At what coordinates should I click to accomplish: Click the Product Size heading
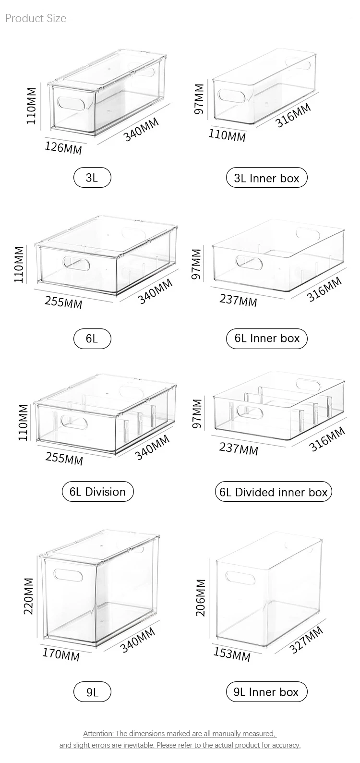[x=36, y=18]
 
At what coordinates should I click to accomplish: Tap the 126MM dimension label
[x=63, y=148]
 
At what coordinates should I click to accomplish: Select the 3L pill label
[x=92, y=178]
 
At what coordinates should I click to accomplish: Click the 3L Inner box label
[x=267, y=178]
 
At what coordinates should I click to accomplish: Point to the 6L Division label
[x=98, y=492]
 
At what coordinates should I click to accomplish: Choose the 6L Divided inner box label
[x=274, y=492]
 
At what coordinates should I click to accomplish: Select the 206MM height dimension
[x=201, y=598]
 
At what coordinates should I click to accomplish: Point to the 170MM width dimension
[x=61, y=654]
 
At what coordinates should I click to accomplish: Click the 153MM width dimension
[x=232, y=654]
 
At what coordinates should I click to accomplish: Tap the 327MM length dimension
[x=306, y=640]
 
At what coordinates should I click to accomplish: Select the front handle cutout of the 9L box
[x=67, y=575]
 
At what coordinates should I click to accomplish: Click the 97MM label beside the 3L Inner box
[x=199, y=99]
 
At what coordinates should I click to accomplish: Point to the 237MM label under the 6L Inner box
[x=238, y=300]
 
